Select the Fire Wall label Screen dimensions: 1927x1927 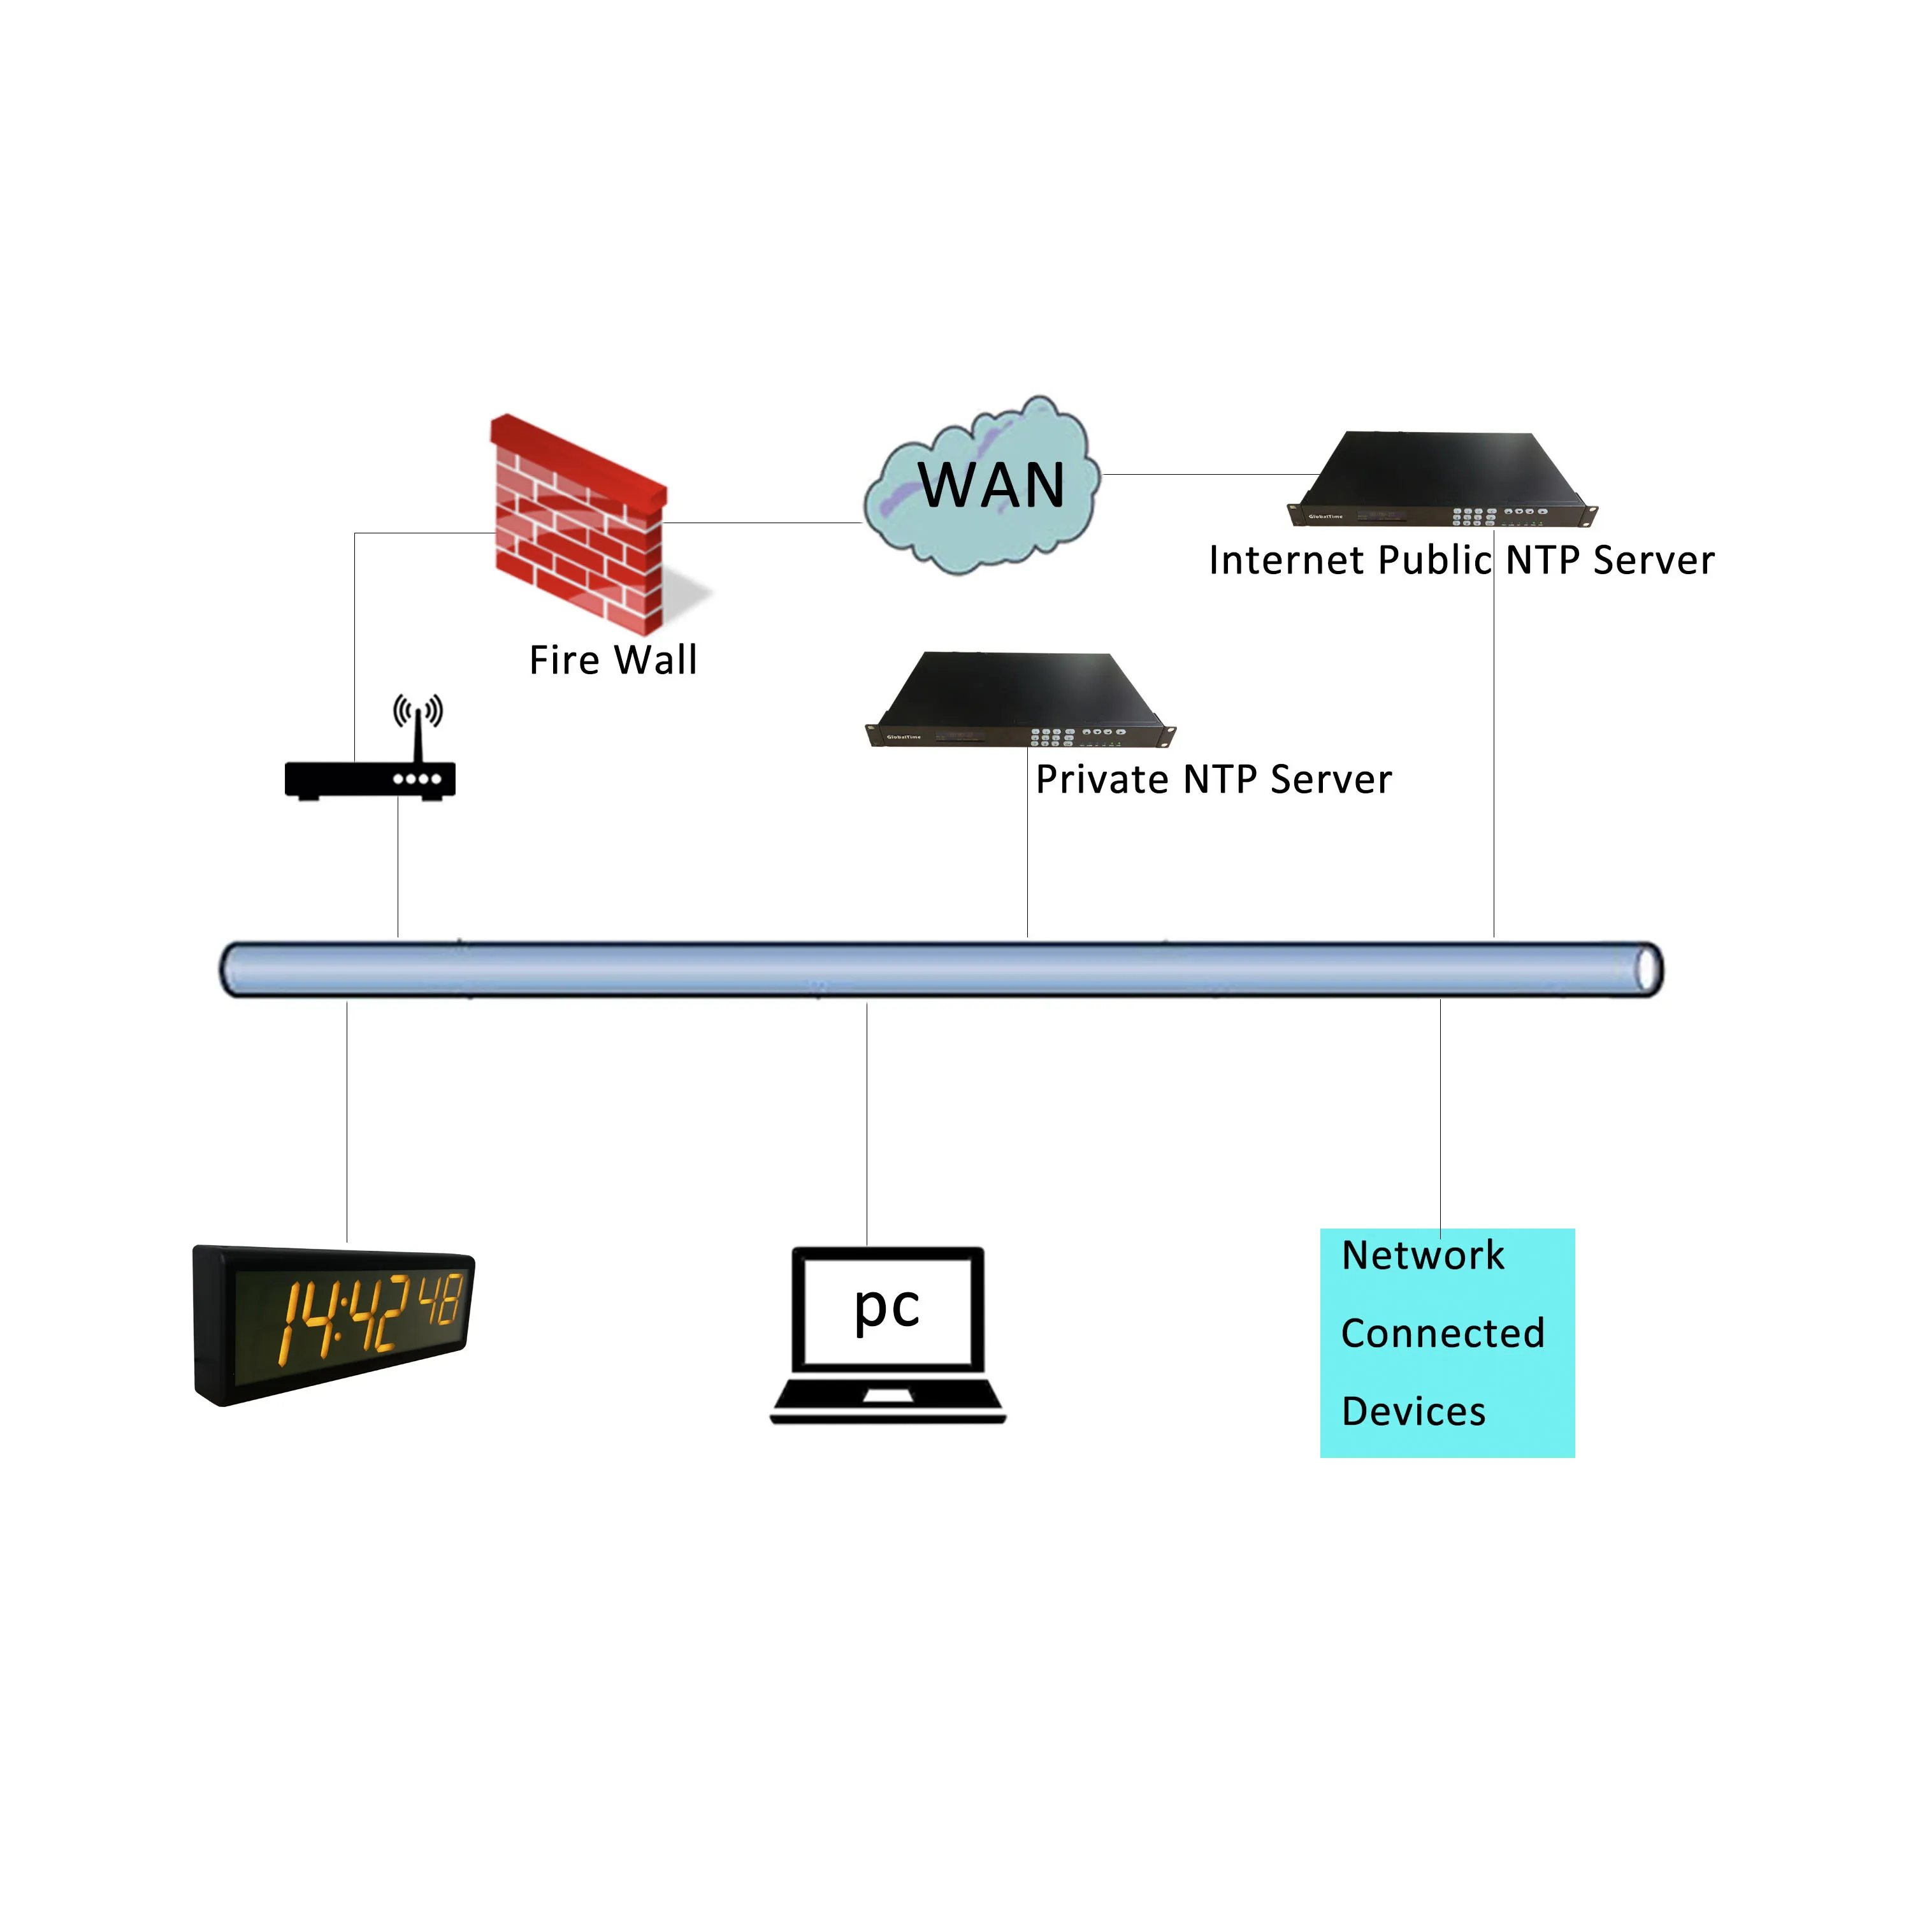tap(612, 660)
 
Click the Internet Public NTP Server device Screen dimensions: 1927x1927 tap(1442, 479)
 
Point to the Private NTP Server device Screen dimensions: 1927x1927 tap(1020, 700)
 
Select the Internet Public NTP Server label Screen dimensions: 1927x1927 tap(1461, 561)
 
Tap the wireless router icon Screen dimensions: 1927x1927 tap(370, 778)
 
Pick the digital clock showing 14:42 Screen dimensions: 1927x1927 tap(333, 1325)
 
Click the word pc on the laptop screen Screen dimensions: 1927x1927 tap(886, 1306)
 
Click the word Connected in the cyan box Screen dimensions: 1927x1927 tap(1442, 1334)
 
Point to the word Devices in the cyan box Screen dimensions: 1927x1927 tap(1413, 1412)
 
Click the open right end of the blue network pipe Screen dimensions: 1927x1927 tap(1648, 969)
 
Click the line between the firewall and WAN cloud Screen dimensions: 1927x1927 tap(763, 523)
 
